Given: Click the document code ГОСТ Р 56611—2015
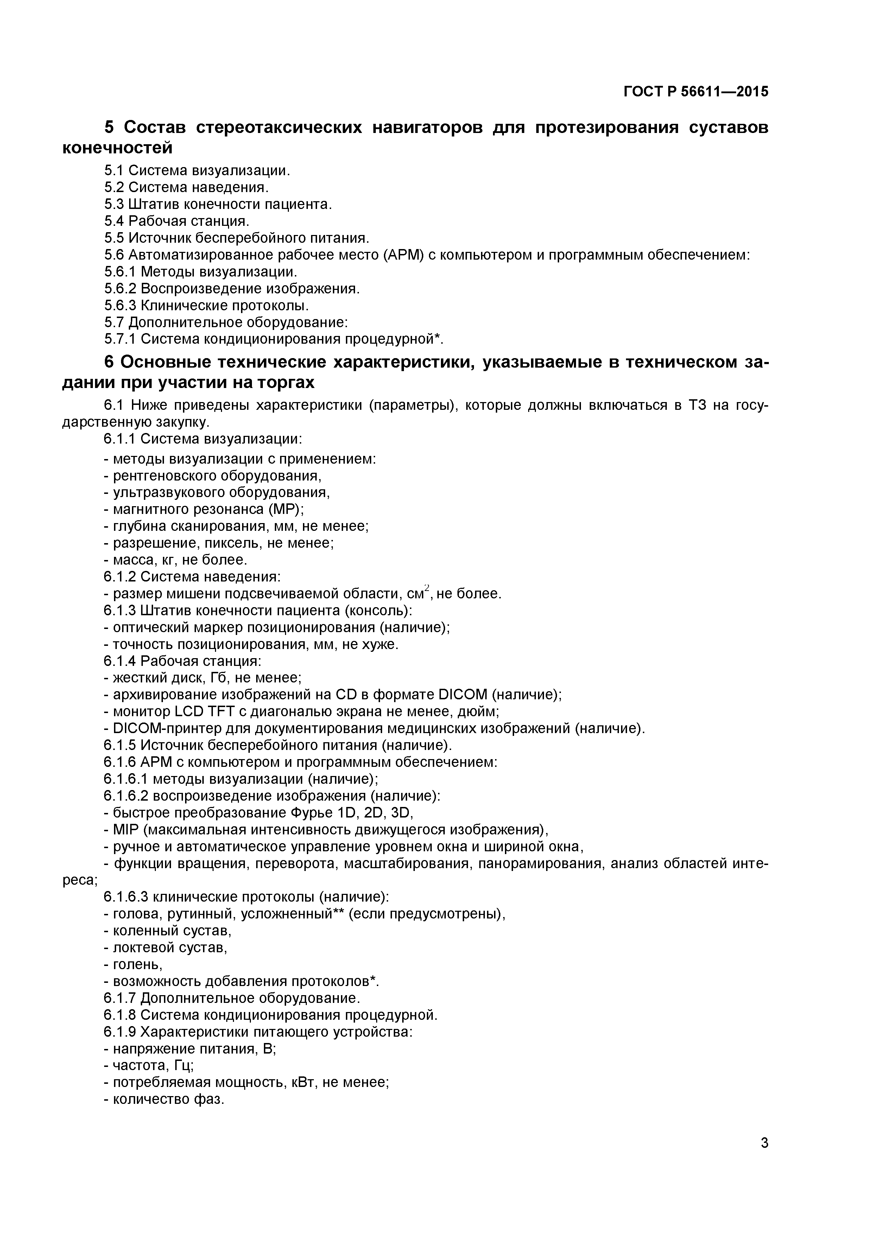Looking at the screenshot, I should (696, 92).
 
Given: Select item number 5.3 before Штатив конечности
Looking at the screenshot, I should (114, 204).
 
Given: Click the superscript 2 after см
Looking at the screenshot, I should (427, 588).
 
